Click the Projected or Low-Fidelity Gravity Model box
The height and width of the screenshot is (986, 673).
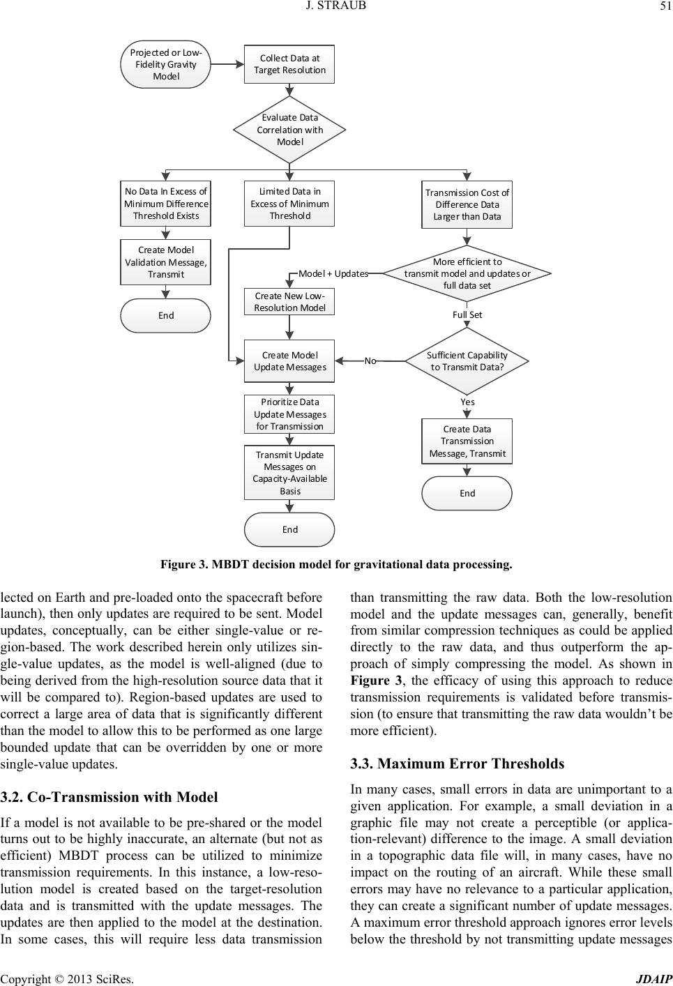(165, 64)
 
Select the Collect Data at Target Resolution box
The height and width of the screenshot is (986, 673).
(289, 64)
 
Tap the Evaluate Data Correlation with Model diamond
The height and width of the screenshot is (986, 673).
(289, 130)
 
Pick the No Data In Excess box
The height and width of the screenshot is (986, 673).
(166, 204)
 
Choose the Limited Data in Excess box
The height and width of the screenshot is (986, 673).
(289, 204)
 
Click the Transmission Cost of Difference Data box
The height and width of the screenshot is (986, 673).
(467, 204)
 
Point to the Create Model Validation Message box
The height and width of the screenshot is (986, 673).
(166, 262)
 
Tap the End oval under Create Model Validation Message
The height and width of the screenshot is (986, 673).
(166, 315)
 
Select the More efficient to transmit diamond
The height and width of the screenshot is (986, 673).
(467, 273)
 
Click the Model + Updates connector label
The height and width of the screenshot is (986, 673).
(333, 273)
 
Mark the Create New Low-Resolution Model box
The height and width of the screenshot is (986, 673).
(289, 302)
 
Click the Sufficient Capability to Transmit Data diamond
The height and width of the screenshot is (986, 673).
(467, 361)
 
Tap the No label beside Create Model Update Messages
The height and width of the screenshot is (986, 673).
(370, 361)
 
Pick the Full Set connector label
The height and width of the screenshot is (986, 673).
(467, 314)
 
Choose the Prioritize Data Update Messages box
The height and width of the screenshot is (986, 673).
(289, 414)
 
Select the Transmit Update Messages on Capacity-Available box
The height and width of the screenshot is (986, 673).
(289, 473)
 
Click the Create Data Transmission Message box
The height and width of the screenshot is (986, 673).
(467, 441)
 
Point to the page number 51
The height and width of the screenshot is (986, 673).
(662, 7)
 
